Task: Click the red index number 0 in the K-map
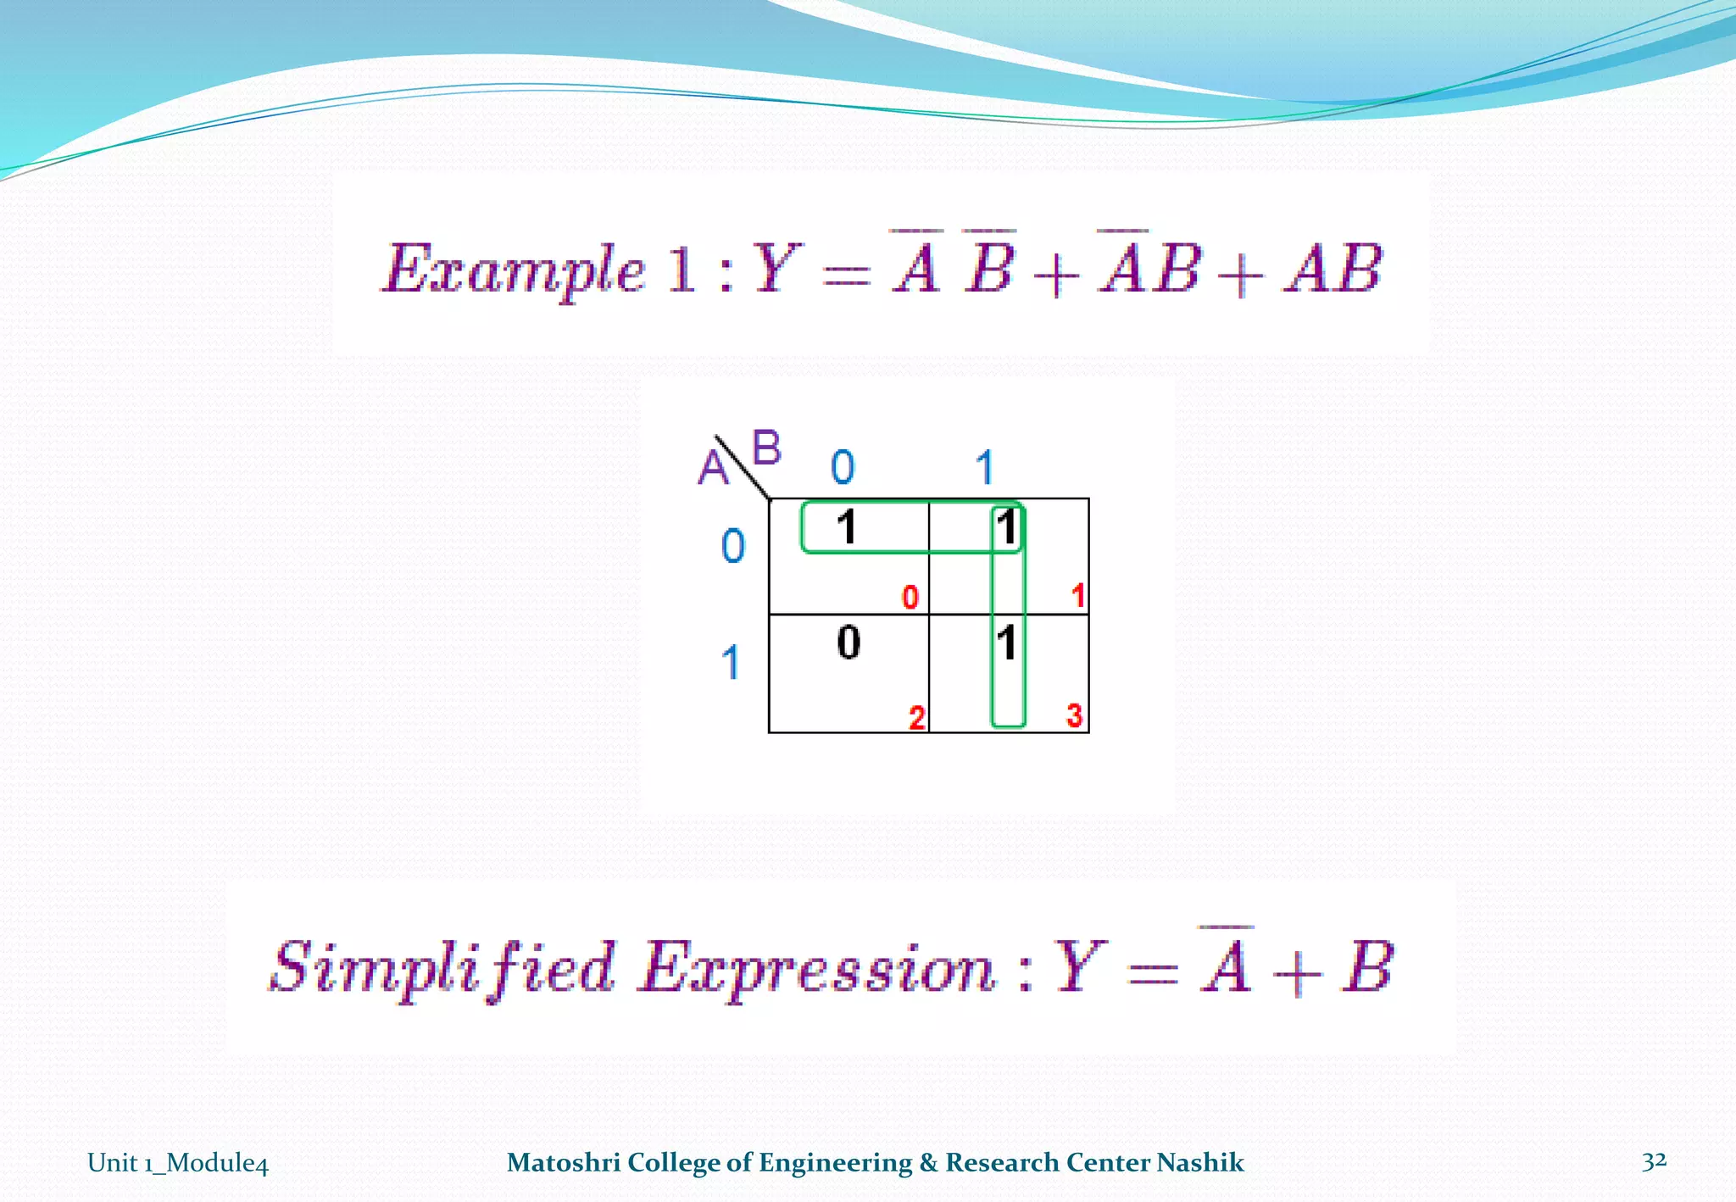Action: tap(910, 597)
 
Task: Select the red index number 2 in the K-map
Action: tap(916, 717)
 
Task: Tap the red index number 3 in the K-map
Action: tap(1074, 715)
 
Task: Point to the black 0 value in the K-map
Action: tap(849, 642)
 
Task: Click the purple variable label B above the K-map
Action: tap(766, 448)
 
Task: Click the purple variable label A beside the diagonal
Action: tap(713, 467)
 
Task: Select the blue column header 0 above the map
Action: tap(843, 467)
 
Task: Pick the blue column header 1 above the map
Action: tap(984, 467)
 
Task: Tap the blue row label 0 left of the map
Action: tap(733, 545)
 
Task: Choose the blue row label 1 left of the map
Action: tap(731, 662)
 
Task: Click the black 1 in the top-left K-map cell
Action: tap(846, 526)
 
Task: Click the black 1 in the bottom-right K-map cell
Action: tap(1006, 643)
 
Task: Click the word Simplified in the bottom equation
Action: tap(442, 968)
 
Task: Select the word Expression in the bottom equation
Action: tap(817, 968)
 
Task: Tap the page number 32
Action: tap(1654, 1160)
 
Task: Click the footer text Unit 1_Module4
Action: tap(178, 1162)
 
